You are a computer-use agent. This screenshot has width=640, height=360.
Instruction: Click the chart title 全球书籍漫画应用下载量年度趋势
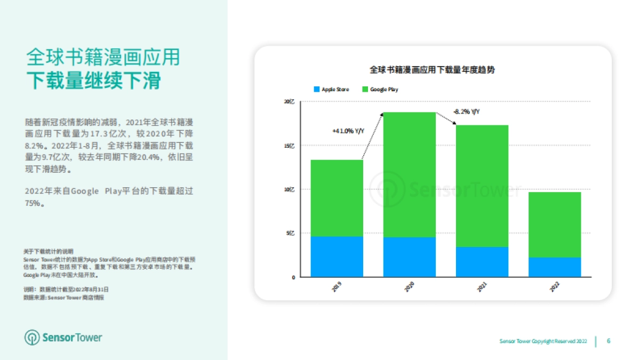coord(433,70)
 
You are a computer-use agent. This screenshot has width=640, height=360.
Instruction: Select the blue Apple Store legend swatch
coord(316,89)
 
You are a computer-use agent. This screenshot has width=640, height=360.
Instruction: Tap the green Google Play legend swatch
coord(365,89)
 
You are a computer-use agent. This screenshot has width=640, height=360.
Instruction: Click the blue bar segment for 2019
coord(337,257)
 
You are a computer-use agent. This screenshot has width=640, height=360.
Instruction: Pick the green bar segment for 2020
coord(410,174)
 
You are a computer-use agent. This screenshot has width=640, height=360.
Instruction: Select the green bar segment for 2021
coord(482,186)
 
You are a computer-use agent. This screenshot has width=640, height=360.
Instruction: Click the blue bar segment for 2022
coord(555,267)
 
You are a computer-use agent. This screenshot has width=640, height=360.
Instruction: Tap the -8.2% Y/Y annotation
coord(466,111)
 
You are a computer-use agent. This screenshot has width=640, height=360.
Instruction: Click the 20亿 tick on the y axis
coord(289,101)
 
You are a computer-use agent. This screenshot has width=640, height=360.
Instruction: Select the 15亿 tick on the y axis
coord(289,145)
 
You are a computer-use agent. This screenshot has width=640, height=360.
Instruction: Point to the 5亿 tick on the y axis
coord(290,233)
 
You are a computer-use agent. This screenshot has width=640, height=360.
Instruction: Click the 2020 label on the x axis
coord(410,287)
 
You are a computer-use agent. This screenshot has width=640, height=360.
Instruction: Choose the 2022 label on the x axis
coord(555,287)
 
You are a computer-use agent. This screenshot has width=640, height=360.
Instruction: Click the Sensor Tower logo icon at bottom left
coord(33,337)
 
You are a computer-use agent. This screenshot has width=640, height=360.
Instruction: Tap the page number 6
coord(609,341)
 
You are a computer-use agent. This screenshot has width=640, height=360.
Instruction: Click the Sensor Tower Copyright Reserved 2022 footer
coord(543,341)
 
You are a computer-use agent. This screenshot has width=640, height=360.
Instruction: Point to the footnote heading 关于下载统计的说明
coord(49,251)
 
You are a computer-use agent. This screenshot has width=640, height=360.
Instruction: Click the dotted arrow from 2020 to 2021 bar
coord(446,118)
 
